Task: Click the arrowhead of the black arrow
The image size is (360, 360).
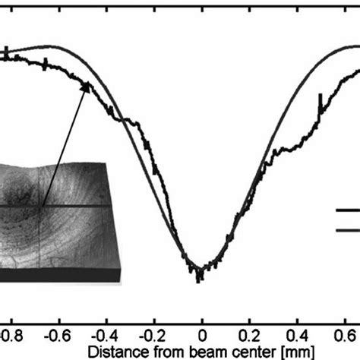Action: coord(89,86)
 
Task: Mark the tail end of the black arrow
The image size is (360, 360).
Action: coord(43,206)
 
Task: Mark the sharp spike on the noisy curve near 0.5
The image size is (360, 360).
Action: coord(320,99)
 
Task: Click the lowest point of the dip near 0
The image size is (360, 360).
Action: coord(199,278)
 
